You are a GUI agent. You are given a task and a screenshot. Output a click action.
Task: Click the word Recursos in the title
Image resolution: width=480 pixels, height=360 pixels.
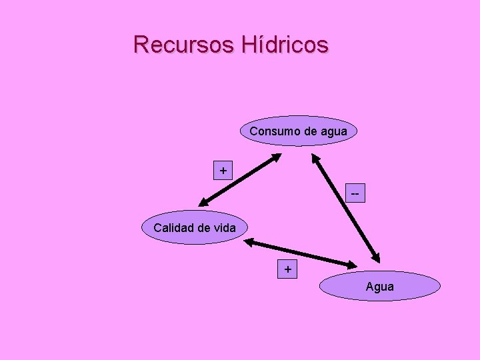point(184,45)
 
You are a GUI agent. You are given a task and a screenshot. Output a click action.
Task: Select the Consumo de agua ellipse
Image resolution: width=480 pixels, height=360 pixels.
point(298,131)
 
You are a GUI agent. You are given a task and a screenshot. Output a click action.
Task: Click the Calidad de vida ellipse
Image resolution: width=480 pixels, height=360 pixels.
point(194,227)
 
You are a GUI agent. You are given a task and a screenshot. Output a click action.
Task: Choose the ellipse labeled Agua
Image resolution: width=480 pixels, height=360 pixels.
point(380,287)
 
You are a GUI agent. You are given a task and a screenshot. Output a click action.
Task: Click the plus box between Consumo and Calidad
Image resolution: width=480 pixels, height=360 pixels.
point(223,171)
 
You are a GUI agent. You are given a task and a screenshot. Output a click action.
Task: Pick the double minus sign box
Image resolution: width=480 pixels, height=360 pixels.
point(355,194)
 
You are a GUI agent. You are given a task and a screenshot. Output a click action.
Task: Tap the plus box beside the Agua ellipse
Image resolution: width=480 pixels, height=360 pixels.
point(287,269)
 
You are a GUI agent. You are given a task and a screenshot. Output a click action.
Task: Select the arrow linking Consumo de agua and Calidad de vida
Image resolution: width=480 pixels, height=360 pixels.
point(241,180)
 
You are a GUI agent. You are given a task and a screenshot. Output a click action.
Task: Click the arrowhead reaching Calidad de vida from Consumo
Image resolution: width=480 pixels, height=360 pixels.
point(203,203)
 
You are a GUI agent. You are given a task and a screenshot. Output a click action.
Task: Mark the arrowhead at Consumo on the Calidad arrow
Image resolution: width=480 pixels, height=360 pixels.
point(277,157)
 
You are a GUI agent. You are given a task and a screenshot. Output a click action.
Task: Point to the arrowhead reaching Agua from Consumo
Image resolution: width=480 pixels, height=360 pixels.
point(377,257)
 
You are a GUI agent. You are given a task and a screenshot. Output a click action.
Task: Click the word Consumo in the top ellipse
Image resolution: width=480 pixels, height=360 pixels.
point(275,131)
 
